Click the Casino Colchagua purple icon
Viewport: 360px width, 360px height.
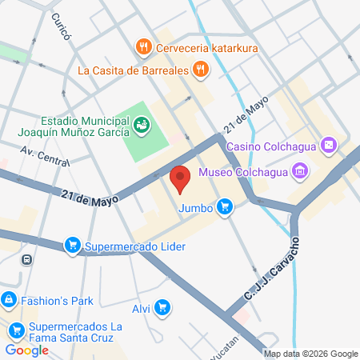point(327,146)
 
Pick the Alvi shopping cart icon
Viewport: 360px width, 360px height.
point(162,306)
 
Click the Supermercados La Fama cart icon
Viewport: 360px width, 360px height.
point(15,328)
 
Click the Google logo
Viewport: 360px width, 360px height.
point(26,350)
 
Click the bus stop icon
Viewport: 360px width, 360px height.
point(27,259)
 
